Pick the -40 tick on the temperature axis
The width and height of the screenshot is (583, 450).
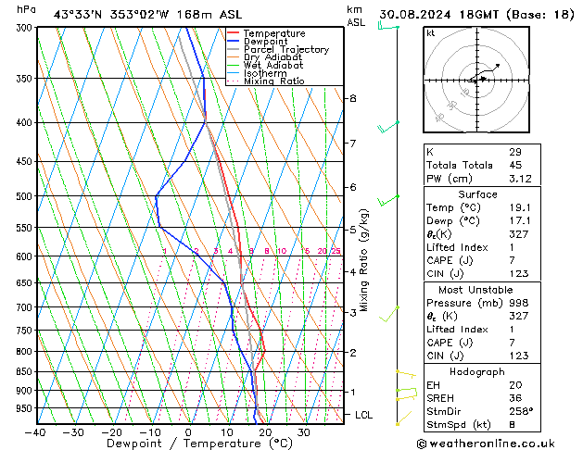point(35,432)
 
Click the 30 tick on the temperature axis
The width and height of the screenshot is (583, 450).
point(303,432)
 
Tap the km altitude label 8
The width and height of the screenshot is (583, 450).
point(353,98)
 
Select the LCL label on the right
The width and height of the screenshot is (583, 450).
point(363,415)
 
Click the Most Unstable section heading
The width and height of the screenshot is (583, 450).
point(477,289)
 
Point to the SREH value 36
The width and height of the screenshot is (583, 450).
point(514,398)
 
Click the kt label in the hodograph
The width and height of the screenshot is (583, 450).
point(430,32)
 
